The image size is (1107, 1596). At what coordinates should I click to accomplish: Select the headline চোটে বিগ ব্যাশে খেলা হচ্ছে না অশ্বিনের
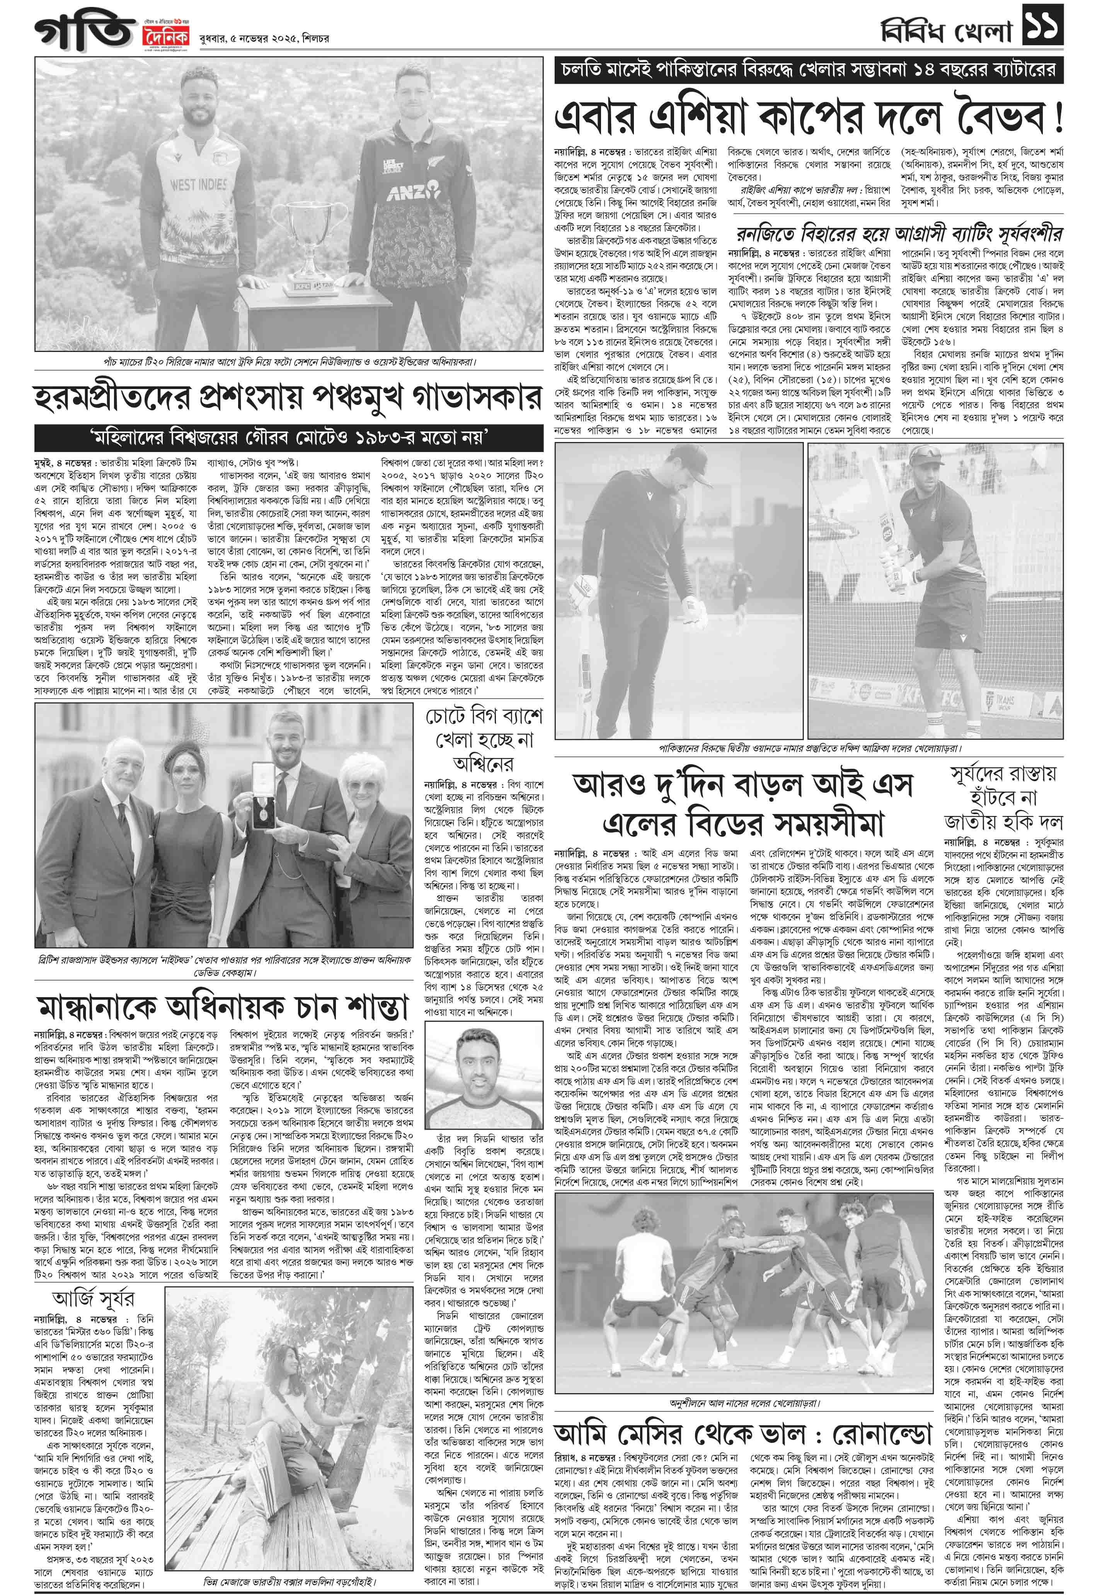click(x=484, y=740)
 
